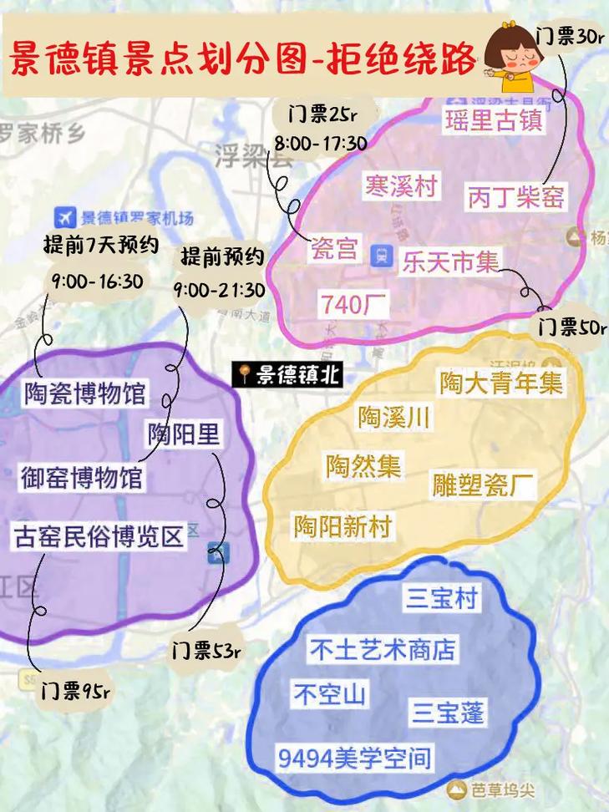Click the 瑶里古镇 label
pos(493,119)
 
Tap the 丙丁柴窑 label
pos(515,197)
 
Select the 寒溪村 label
pos(401,185)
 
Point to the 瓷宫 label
pos(335,249)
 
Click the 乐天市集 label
pos(449,262)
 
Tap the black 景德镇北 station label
pos(287,375)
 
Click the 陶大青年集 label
pos(501,383)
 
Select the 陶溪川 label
pos(394,417)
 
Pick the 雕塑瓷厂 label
pos(484,485)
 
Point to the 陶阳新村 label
pos(343,526)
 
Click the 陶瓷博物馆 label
pos(85,393)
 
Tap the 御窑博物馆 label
pos(81,479)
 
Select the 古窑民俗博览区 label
pos(99,535)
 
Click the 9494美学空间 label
pos(355,759)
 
